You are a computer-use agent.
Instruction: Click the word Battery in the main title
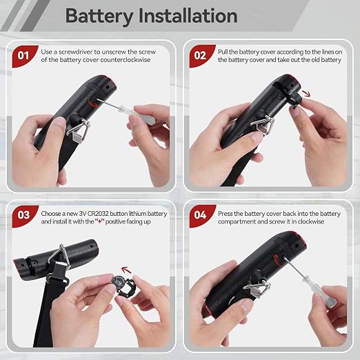click(x=99, y=17)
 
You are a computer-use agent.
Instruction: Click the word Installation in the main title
click(x=188, y=16)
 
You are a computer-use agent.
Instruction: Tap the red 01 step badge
click(x=24, y=56)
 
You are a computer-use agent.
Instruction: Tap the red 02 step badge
click(x=201, y=56)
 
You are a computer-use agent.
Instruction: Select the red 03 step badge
click(x=24, y=216)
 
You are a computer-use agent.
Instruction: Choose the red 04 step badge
click(x=201, y=216)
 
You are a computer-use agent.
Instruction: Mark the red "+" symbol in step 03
click(x=100, y=221)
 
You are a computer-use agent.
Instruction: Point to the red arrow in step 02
click(x=306, y=93)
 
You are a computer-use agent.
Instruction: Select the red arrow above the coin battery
click(x=126, y=270)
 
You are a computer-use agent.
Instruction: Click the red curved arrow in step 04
click(x=276, y=259)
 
